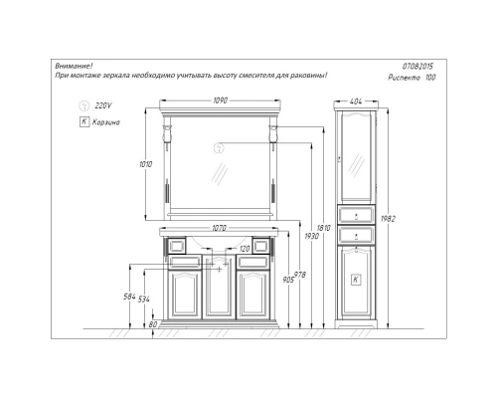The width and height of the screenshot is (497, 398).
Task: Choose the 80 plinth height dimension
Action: (151, 323)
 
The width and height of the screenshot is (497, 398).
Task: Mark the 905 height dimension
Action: (289, 280)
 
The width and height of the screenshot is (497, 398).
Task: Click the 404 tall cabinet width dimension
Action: (357, 101)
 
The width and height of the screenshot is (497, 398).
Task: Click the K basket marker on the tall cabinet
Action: (355, 281)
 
